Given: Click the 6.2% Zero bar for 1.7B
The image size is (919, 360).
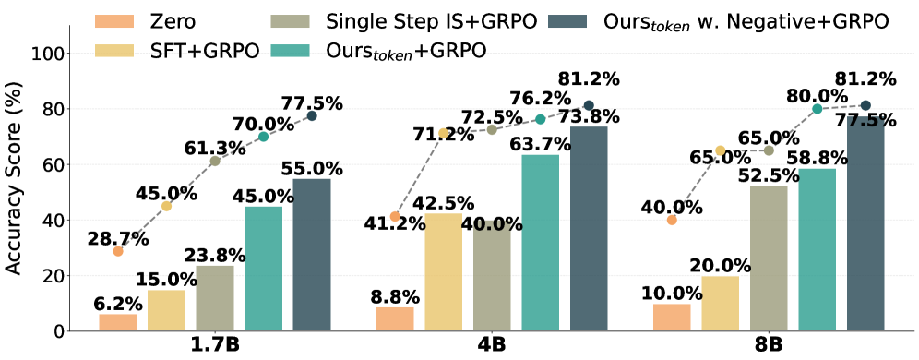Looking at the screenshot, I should point(118,322).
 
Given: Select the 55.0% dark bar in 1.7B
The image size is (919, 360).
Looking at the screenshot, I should point(312,255).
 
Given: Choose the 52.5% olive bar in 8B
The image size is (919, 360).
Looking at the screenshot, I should point(769,258).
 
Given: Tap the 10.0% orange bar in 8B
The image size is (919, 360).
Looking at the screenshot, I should point(672,318).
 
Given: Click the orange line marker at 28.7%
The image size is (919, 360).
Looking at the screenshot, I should point(118,251).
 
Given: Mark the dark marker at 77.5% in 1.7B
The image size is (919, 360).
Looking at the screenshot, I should point(312,115).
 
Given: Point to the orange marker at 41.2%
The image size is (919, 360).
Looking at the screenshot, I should point(395,216).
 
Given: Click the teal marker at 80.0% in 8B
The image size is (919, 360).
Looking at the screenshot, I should point(817,109).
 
